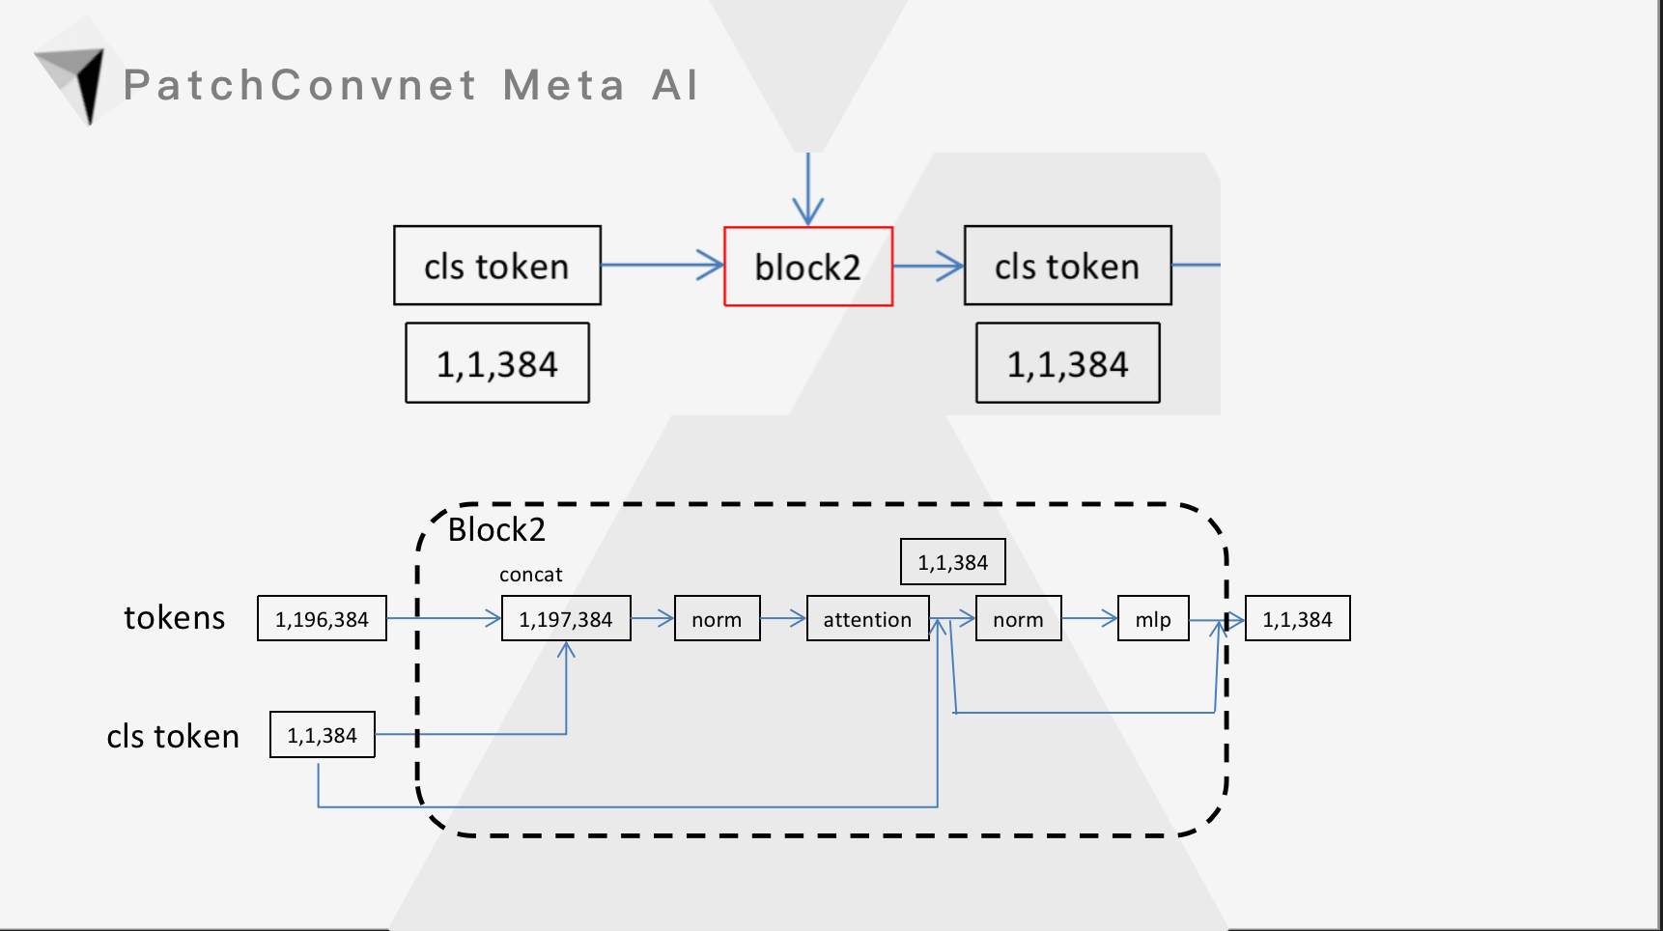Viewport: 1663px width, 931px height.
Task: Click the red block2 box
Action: (808, 267)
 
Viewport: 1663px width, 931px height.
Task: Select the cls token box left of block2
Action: (497, 266)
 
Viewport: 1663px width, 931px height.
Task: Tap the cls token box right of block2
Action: (1067, 266)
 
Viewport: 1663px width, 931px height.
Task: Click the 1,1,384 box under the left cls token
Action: (497, 363)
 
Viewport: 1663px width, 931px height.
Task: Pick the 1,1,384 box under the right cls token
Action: (1067, 363)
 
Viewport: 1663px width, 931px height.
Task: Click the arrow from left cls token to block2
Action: (662, 265)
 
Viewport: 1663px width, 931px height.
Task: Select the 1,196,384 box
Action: (322, 619)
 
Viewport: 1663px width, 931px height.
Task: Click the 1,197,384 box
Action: (566, 619)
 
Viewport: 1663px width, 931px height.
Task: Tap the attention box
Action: (867, 619)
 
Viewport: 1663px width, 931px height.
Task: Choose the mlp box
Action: (1153, 619)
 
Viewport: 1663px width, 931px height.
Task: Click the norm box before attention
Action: (717, 619)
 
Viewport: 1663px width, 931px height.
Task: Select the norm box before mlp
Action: (1018, 619)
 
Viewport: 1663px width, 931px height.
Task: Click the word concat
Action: (530, 575)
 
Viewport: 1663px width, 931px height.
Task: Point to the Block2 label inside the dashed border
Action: (496, 529)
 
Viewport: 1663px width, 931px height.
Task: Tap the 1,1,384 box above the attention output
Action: (952, 562)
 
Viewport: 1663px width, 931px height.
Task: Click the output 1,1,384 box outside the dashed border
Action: (1297, 619)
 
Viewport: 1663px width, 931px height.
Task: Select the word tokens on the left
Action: (174, 618)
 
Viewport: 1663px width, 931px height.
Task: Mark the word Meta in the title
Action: (564, 85)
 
